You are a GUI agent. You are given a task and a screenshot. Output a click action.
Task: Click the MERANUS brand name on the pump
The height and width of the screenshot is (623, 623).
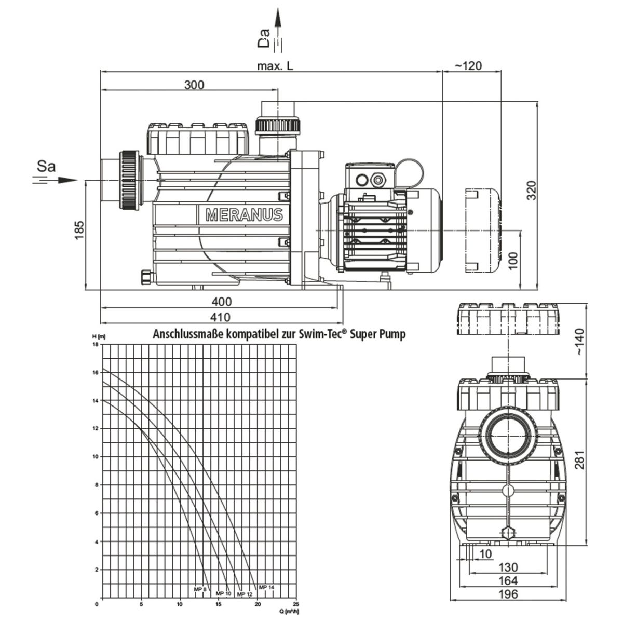pos(244,214)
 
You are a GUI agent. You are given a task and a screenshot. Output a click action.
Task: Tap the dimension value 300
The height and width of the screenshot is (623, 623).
pos(194,85)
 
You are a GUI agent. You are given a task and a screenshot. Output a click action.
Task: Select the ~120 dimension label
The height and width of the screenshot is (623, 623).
pos(468,65)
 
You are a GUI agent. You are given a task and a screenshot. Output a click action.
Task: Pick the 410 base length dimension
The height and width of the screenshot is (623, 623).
pos(221,317)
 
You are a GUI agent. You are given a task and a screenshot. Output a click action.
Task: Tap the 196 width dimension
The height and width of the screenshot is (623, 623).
pos(507,594)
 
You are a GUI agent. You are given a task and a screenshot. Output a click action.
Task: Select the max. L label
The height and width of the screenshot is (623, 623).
pos(275,66)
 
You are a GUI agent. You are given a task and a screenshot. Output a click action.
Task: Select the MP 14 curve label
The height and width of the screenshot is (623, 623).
pos(266,587)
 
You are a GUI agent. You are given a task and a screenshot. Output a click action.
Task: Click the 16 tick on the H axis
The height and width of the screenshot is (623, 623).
pos(94,372)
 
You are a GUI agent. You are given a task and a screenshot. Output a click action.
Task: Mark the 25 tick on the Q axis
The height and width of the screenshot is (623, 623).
pos(296,604)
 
